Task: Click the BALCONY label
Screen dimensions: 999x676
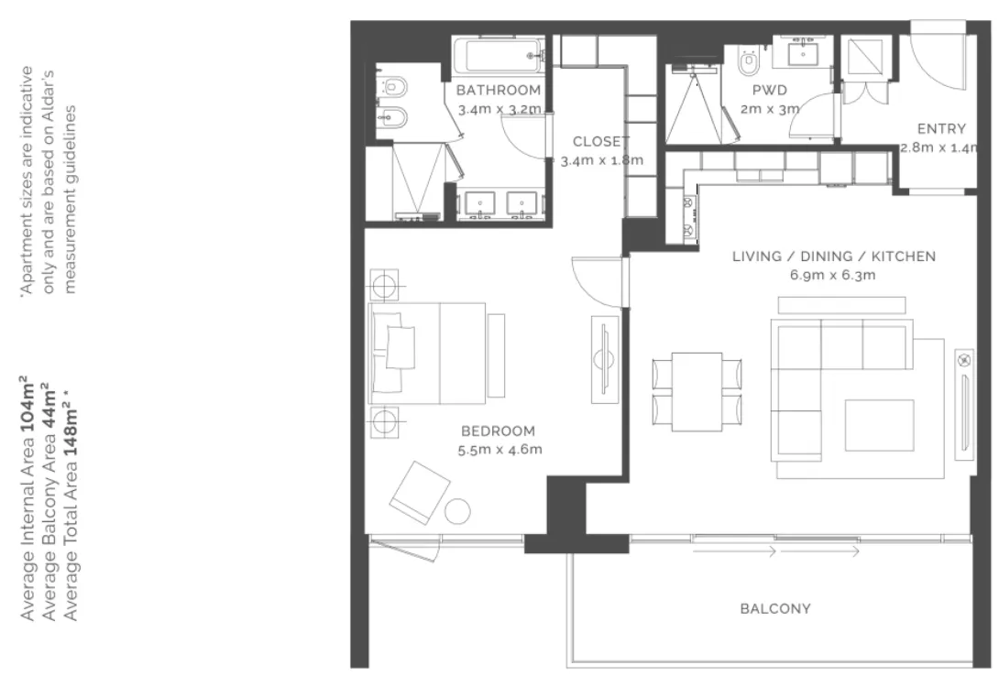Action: pos(774,608)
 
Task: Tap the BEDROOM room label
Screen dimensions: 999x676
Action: pos(498,431)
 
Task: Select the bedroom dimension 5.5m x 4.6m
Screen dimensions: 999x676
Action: pos(499,450)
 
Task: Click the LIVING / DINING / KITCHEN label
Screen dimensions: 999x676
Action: pos(833,256)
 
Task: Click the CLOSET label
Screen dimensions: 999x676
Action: pos(601,141)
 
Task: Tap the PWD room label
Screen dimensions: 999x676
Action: pos(770,91)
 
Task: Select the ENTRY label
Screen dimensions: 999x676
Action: pos(941,128)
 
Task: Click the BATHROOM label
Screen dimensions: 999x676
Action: pos(499,91)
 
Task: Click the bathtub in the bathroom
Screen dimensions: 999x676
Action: pos(499,55)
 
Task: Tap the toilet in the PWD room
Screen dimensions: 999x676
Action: pos(749,61)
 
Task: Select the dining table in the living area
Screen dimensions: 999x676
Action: pos(697,391)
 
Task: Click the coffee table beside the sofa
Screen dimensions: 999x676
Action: pos(879,425)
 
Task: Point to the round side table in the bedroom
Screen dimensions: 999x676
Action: pos(457,510)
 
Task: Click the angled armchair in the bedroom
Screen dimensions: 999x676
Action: pos(419,491)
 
